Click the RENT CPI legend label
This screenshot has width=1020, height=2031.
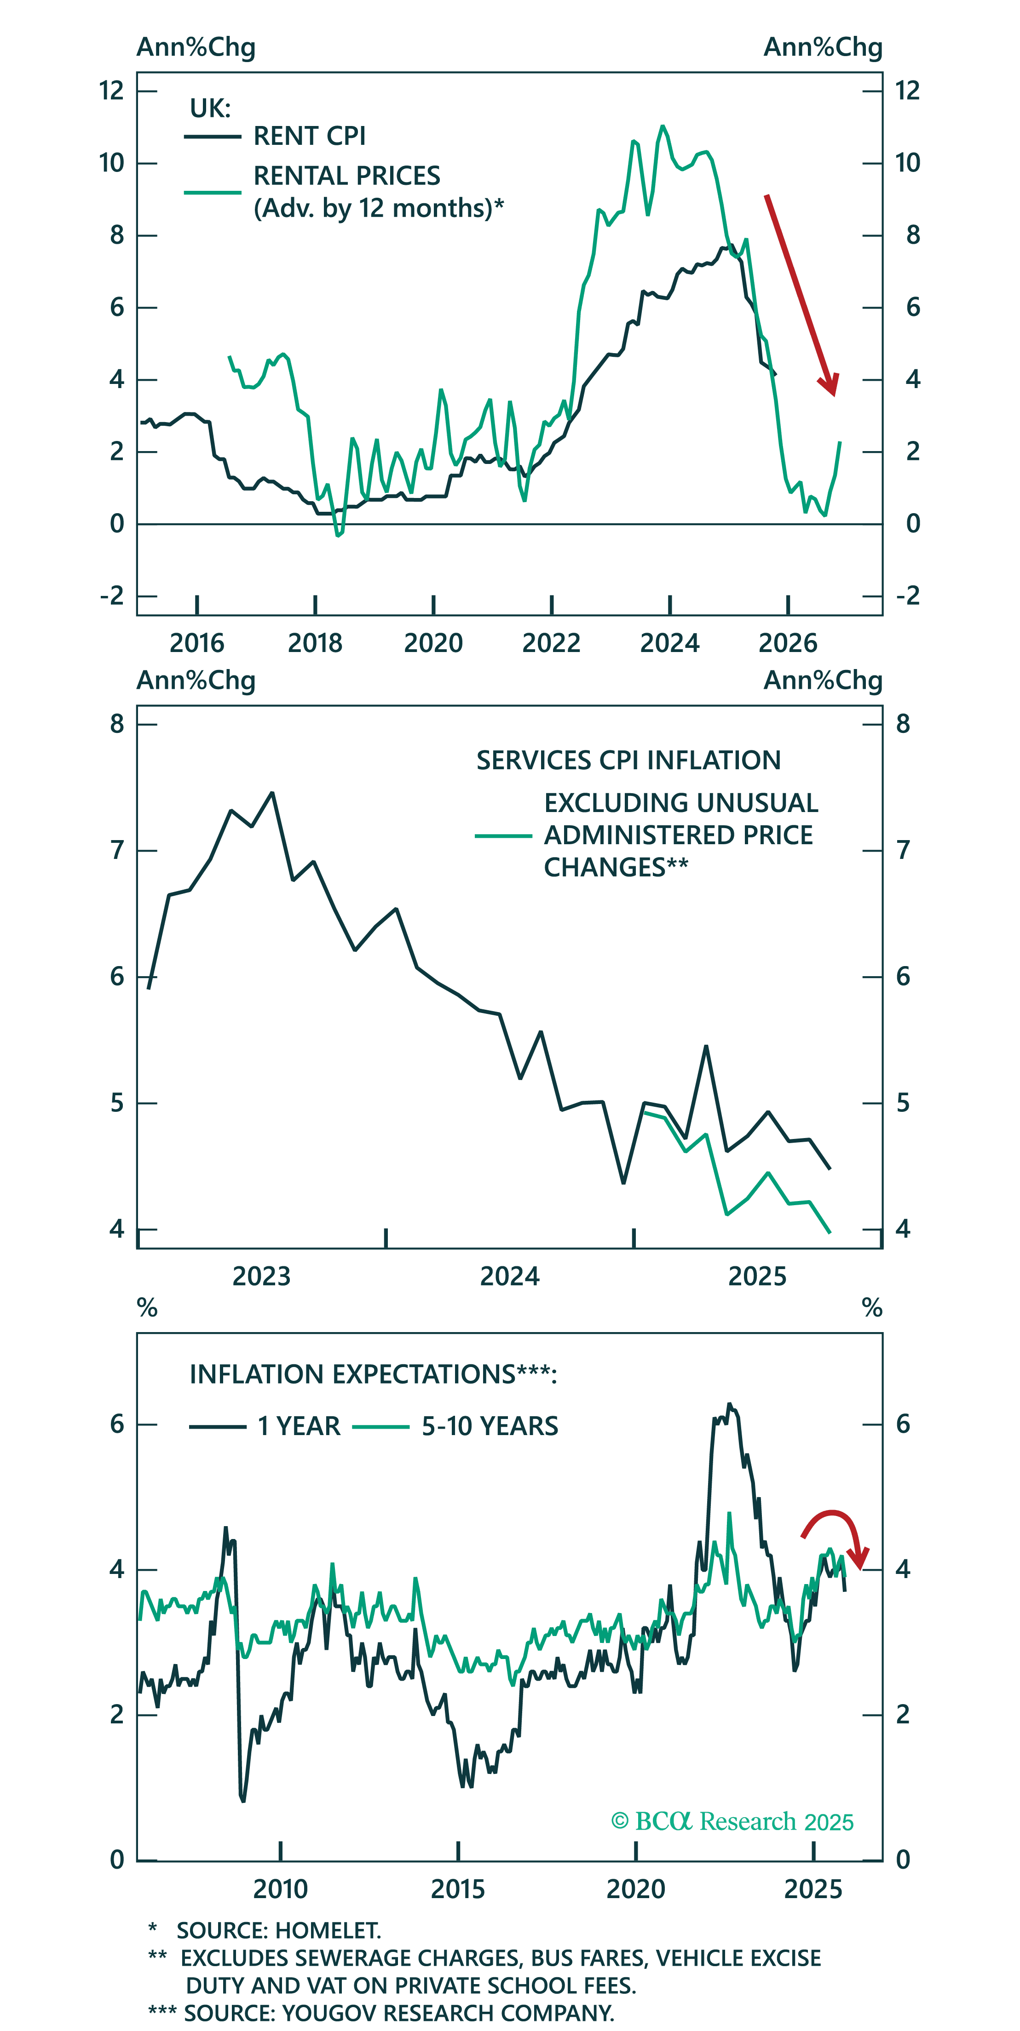tap(309, 137)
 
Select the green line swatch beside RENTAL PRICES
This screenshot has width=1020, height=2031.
tap(212, 192)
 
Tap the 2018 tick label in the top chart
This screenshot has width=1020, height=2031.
tap(315, 643)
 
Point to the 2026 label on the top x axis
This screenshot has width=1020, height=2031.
tap(787, 643)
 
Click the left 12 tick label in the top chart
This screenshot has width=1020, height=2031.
tap(111, 91)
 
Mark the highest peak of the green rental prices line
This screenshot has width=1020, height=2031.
tap(662, 126)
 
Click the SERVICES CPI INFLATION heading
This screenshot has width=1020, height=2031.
tap(628, 760)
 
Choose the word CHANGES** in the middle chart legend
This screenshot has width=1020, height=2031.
tap(615, 867)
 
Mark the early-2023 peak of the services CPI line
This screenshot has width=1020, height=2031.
tap(272, 793)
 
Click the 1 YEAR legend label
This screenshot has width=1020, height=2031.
tap(298, 1426)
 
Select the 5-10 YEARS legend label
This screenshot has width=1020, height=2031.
tap(489, 1426)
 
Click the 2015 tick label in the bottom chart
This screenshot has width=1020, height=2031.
tap(457, 1889)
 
